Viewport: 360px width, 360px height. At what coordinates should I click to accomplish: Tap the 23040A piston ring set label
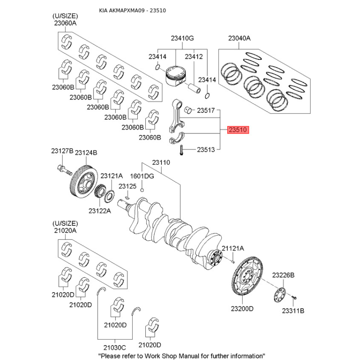(x=239, y=39)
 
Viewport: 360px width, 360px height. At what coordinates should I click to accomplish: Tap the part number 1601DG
(x=142, y=176)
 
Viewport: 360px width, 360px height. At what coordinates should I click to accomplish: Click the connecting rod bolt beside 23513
(x=180, y=150)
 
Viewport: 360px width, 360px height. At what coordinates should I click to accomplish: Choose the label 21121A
(x=233, y=248)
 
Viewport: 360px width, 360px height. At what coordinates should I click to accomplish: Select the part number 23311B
(x=293, y=310)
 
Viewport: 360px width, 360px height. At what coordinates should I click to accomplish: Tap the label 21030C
(x=114, y=347)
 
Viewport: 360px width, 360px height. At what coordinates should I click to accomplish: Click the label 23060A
(x=65, y=22)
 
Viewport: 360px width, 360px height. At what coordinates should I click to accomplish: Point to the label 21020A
(x=65, y=230)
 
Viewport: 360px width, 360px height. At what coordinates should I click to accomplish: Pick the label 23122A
(x=99, y=210)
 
